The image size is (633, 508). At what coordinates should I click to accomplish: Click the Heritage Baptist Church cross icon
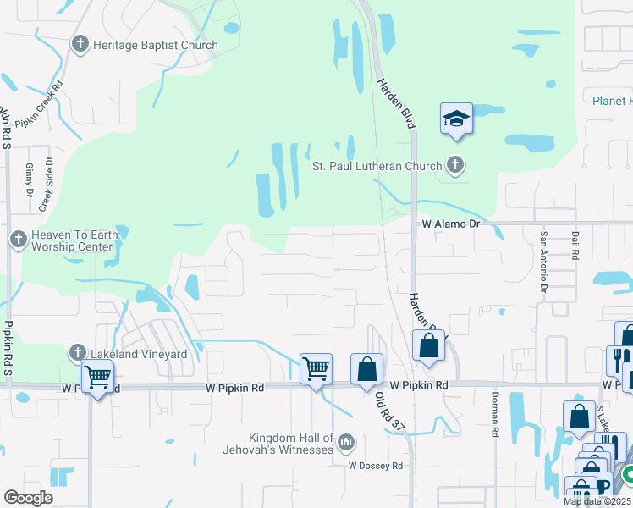coord(81,45)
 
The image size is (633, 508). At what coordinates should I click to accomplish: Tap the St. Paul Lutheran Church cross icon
coord(456,166)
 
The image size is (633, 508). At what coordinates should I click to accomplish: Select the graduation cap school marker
coord(456,119)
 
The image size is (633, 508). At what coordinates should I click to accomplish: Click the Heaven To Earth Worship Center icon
coord(18,240)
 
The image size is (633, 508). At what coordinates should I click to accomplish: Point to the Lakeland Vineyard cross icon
coord(77,353)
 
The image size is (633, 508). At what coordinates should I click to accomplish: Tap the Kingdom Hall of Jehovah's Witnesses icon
coord(345,442)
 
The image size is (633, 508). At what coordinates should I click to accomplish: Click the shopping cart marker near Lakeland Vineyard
coord(98,376)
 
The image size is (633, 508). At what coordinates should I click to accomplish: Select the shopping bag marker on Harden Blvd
coord(429,345)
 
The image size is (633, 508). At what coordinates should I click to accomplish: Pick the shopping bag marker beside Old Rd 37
coord(366,369)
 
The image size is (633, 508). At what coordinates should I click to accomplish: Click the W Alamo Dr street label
coord(451,224)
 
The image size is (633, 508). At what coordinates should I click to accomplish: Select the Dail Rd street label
coord(575,244)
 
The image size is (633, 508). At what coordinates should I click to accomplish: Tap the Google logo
coord(29,497)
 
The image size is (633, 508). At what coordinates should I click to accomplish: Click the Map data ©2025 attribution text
coord(597,501)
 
